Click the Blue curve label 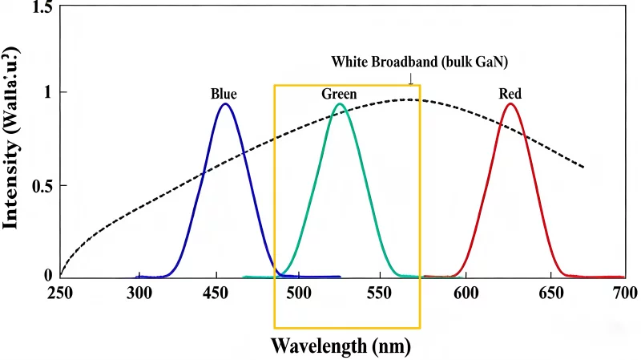[x=224, y=95]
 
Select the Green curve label [x=339, y=95]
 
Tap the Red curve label [x=510, y=95]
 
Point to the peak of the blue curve [x=226, y=103]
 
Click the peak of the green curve [x=341, y=103]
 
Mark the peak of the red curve [x=510, y=103]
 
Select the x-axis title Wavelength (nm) [x=341, y=346]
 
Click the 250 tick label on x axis [x=61, y=292]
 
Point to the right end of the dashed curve [x=583, y=168]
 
